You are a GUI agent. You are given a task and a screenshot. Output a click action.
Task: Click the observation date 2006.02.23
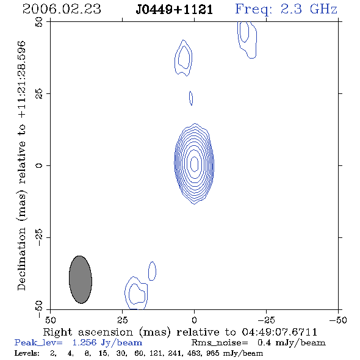point(62,9)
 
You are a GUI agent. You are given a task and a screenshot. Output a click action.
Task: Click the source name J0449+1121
point(175,10)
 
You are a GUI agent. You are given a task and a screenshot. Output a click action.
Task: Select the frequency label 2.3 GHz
point(309,9)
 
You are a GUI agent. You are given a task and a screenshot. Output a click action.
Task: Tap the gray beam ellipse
point(81,279)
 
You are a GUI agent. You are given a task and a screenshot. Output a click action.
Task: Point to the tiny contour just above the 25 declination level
point(191,98)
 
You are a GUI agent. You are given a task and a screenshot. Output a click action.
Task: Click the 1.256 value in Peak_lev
point(84,342)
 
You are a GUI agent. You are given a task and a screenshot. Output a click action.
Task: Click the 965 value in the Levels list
point(213,353)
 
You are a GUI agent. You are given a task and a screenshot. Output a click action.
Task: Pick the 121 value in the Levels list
point(156,353)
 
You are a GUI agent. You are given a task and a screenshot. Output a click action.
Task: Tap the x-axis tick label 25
point(122,320)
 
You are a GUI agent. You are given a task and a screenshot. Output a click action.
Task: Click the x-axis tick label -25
point(266,320)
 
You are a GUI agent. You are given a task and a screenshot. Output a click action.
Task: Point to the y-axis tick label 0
point(39,165)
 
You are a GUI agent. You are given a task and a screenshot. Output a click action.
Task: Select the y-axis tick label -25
point(39,237)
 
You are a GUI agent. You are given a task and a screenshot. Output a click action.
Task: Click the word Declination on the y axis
point(21,259)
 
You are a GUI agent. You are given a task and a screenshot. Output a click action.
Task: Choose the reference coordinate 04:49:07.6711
point(279,332)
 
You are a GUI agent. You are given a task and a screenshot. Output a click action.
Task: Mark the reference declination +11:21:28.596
point(21,79)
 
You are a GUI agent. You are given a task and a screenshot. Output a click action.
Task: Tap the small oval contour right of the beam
point(152,271)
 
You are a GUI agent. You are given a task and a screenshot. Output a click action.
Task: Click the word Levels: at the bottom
point(27,353)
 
